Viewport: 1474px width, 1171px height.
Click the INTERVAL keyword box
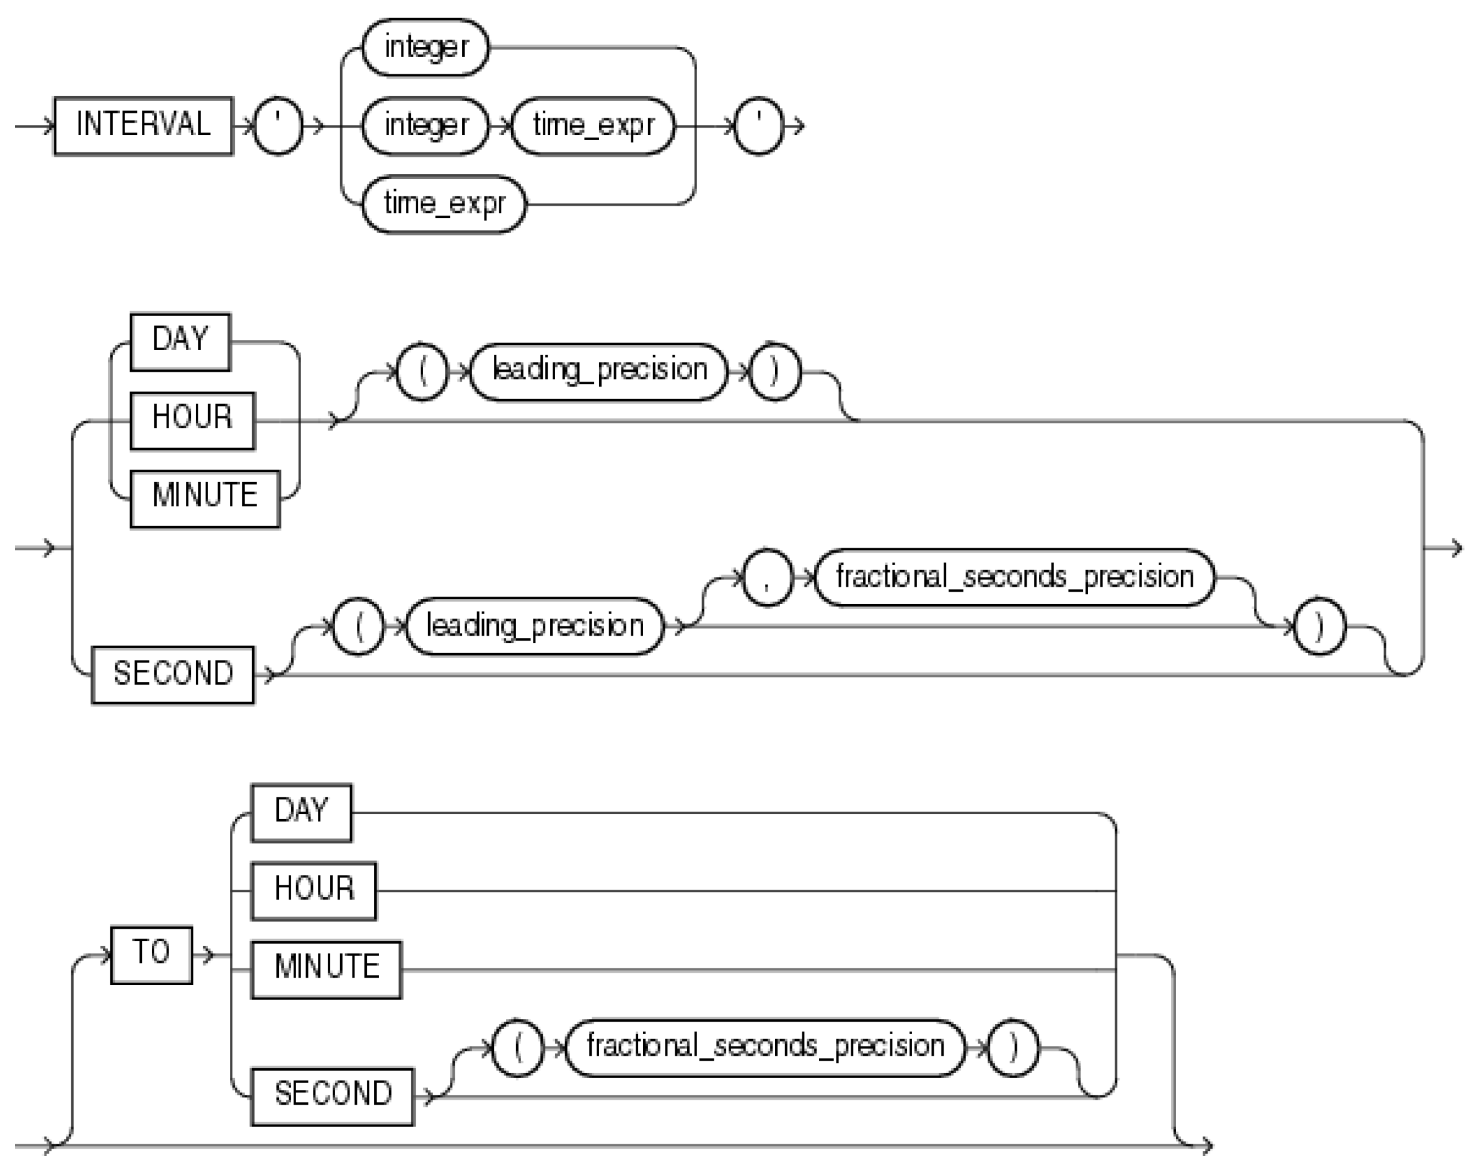pyautogui.click(x=144, y=126)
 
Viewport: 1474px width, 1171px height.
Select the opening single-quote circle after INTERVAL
pyautogui.click(x=278, y=126)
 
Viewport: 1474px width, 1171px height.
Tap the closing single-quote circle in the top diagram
pyautogui.click(x=758, y=126)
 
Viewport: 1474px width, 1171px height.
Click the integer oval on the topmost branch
pyautogui.click(x=425, y=48)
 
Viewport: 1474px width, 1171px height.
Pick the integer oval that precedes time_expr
pyautogui.click(x=425, y=126)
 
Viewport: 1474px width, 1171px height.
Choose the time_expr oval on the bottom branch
pyautogui.click(x=444, y=204)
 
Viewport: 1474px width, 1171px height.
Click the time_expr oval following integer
pyautogui.click(x=593, y=126)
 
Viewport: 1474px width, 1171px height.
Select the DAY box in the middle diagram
pyautogui.click(x=180, y=342)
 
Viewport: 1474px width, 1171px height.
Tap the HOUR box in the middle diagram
pyautogui.click(x=192, y=421)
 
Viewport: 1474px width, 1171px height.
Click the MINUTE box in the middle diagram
pyautogui.click(x=205, y=498)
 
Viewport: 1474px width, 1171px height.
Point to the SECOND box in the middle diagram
pyautogui.click(x=173, y=675)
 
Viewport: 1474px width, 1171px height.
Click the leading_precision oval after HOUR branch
pyautogui.click(x=599, y=372)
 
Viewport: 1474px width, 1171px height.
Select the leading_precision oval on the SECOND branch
pyautogui.click(x=535, y=626)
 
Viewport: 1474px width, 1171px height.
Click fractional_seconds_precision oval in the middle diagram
pyautogui.click(x=1014, y=577)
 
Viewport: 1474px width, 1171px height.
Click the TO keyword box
pyautogui.click(x=152, y=955)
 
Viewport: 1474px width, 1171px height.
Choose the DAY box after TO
pyautogui.click(x=302, y=813)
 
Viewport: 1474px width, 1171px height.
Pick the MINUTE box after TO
pyautogui.click(x=326, y=970)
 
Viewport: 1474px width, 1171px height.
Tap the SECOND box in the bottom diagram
pyautogui.click(x=332, y=1096)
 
